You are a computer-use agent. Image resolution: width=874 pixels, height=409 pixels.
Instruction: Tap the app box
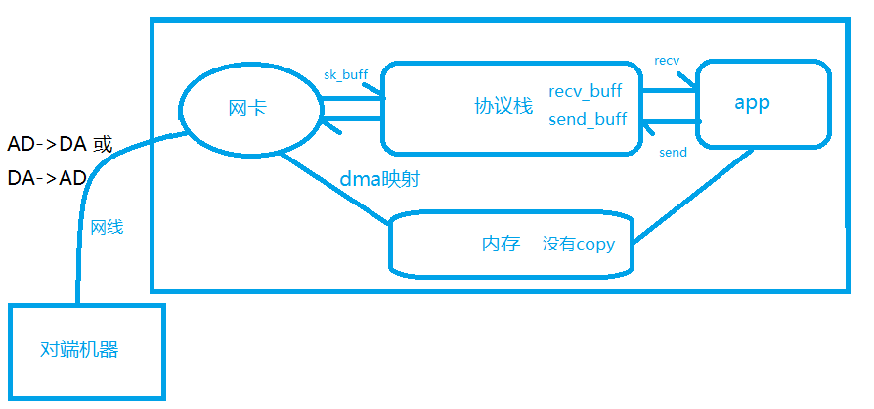pyautogui.click(x=762, y=103)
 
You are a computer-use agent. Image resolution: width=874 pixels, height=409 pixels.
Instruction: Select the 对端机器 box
pyautogui.click(x=86, y=349)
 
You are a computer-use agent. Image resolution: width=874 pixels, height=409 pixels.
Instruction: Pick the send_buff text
pyautogui.click(x=588, y=119)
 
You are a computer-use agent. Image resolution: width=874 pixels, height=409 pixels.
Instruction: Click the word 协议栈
pyautogui.click(x=503, y=106)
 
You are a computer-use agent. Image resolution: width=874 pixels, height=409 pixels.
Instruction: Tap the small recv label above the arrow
pyautogui.click(x=667, y=61)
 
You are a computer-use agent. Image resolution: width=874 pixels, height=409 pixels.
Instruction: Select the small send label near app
pyautogui.click(x=673, y=152)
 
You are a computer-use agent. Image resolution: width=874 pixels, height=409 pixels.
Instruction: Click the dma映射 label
pyautogui.click(x=380, y=179)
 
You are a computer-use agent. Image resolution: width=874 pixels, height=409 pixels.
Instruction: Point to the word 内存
pyautogui.click(x=501, y=244)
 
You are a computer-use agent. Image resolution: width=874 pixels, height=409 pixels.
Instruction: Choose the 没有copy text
pyautogui.click(x=579, y=244)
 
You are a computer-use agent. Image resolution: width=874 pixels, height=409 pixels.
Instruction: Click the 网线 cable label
pyautogui.click(x=107, y=227)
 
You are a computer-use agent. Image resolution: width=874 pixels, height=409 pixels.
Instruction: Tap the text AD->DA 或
pyautogui.click(x=60, y=145)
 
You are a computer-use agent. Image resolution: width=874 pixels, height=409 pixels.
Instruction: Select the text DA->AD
pyautogui.click(x=47, y=178)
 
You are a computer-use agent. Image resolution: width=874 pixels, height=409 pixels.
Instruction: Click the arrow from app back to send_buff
pyautogui.click(x=670, y=122)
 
